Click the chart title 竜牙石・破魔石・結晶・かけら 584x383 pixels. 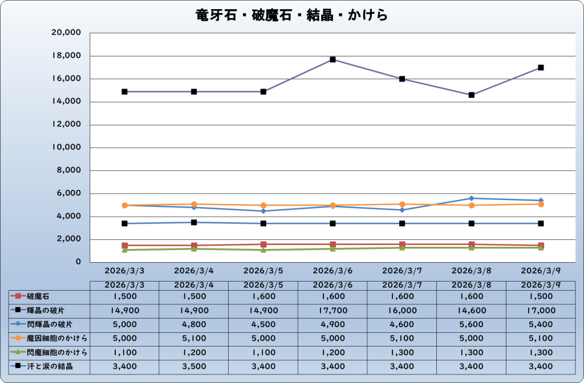pyautogui.click(x=291, y=15)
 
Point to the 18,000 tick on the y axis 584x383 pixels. pyautogui.click(x=67, y=56)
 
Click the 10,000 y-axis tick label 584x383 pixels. pyautogui.click(x=67, y=148)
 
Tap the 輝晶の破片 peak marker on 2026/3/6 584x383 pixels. pyautogui.click(x=332, y=59)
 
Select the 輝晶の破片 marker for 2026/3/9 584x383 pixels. pyautogui.click(x=541, y=67)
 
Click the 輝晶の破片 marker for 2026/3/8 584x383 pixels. pyautogui.click(x=472, y=95)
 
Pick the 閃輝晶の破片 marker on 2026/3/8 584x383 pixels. pyautogui.click(x=472, y=198)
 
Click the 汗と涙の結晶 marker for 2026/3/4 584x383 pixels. pyautogui.click(x=194, y=222)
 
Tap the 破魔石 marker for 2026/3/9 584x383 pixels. pyautogui.click(x=541, y=246)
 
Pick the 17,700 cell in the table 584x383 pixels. pyautogui.click(x=332, y=311)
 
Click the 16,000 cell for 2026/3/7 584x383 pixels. pyautogui.click(x=402, y=311)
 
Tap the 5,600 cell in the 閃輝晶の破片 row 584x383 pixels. pyautogui.click(x=471, y=324)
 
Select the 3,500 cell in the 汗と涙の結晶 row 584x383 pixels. pyautogui.click(x=194, y=366)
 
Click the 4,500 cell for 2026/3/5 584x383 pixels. pyautogui.click(x=263, y=324)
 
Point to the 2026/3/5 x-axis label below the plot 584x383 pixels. pyautogui.click(x=263, y=270)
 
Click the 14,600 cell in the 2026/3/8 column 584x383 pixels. pyautogui.click(x=471, y=311)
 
